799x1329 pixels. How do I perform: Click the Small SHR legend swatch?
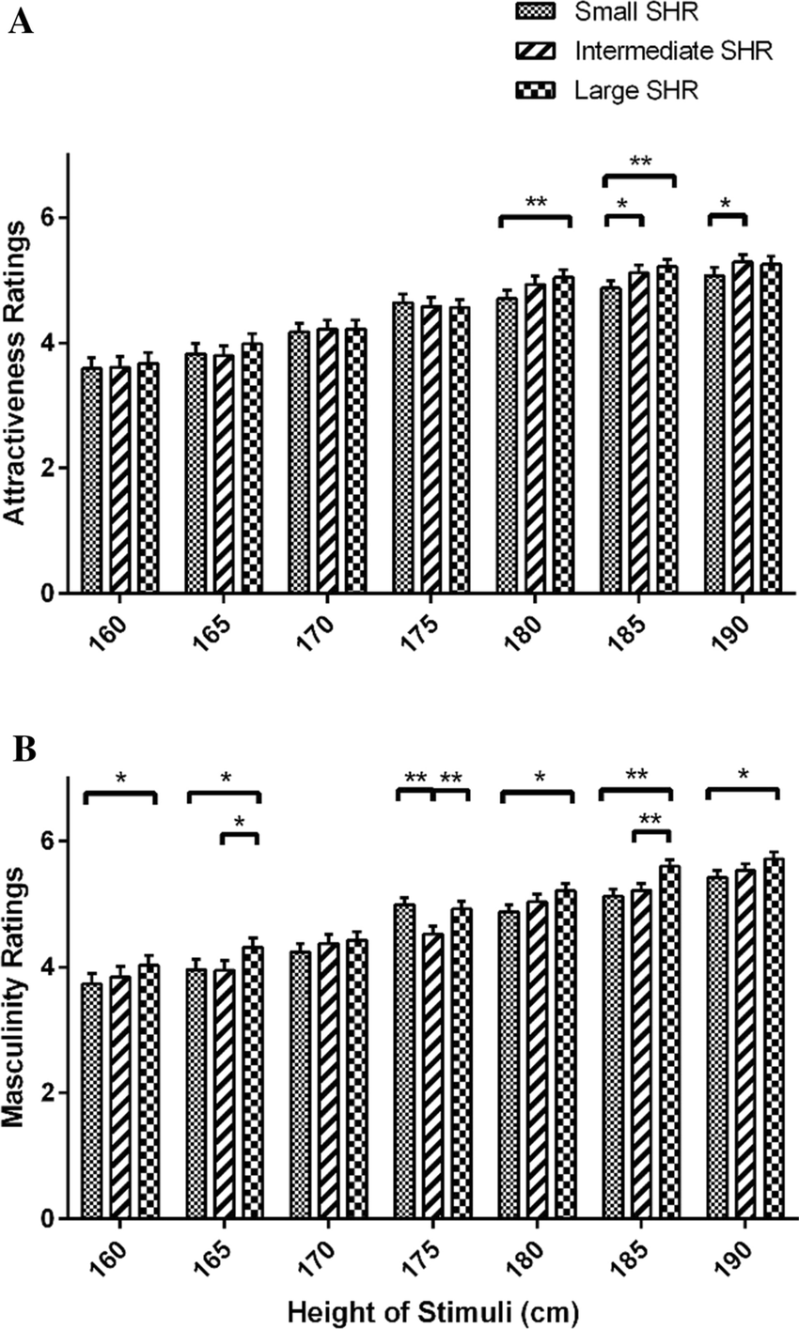point(535,13)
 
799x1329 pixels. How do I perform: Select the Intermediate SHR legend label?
point(668,52)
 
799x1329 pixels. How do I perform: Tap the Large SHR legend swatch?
point(535,89)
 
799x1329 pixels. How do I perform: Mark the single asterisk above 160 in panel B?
point(120,779)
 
